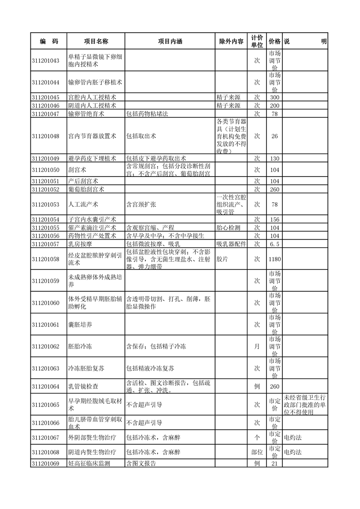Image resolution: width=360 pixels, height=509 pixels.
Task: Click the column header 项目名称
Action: [x=96, y=41]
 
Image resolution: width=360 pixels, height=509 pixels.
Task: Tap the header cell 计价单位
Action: [x=256, y=41]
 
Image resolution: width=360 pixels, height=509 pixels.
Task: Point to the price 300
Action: [x=274, y=98]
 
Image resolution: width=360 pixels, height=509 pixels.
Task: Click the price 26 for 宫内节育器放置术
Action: [x=274, y=136]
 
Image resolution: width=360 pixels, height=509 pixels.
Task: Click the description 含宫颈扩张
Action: [x=141, y=205]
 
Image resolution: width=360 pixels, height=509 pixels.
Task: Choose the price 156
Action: [x=274, y=220]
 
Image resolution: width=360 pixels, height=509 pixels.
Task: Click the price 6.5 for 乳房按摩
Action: [x=274, y=244]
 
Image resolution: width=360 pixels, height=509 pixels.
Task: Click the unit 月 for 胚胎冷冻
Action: [x=256, y=346]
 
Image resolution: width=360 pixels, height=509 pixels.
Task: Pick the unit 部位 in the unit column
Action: [x=256, y=452]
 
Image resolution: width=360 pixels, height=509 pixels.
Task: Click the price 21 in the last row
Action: [x=274, y=464]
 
